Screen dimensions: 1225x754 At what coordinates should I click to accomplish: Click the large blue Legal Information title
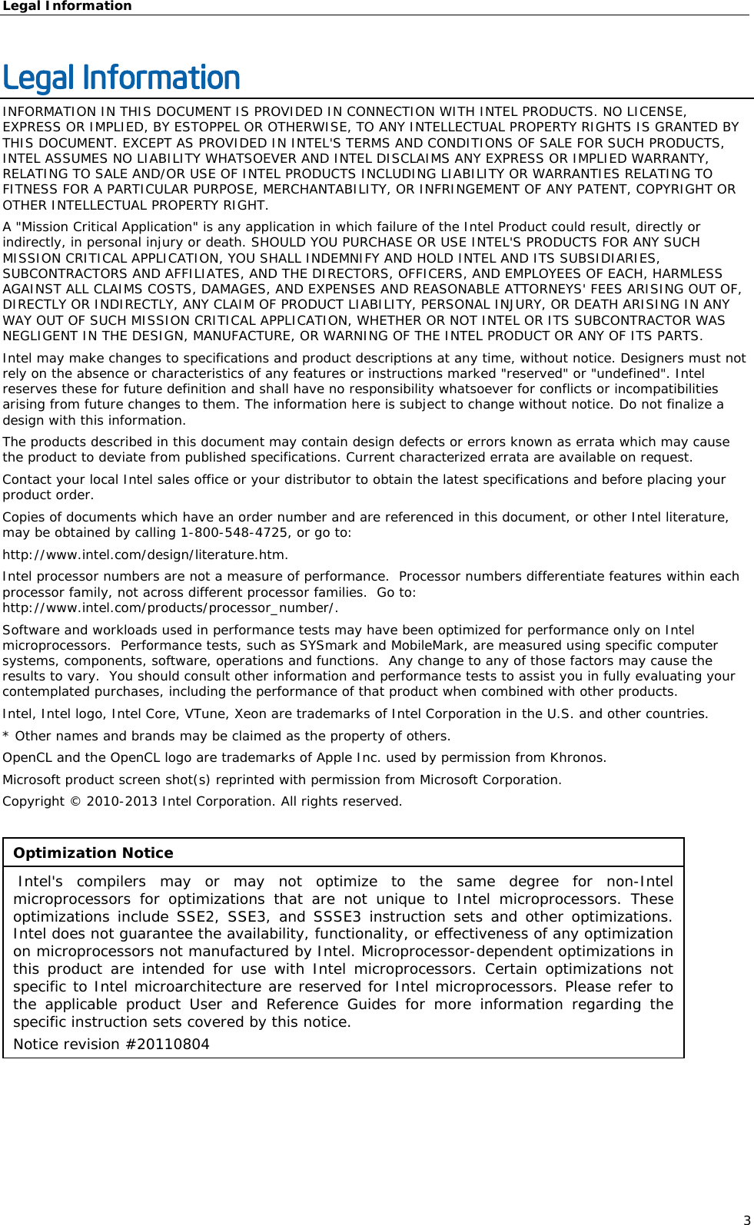pyautogui.click(x=121, y=78)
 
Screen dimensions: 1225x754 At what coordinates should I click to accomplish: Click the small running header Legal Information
pyautogui.click(x=67, y=6)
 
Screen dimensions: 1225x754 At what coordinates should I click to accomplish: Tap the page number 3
pyautogui.click(x=746, y=1220)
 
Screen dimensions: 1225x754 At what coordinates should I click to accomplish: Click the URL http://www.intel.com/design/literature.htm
pyautogui.click(x=144, y=555)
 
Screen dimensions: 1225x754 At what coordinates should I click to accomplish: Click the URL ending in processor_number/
pyautogui.click(x=169, y=608)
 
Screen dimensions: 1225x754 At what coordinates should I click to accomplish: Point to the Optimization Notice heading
pyautogui.click(x=93, y=853)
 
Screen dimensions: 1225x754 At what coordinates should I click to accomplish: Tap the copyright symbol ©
pyautogui.click(x=75, y=801)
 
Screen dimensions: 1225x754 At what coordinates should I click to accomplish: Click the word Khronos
pyautogui.click(x=576, y=757)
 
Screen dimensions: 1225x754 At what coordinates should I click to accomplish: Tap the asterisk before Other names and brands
pyautogui.click(x=6, y=736)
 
